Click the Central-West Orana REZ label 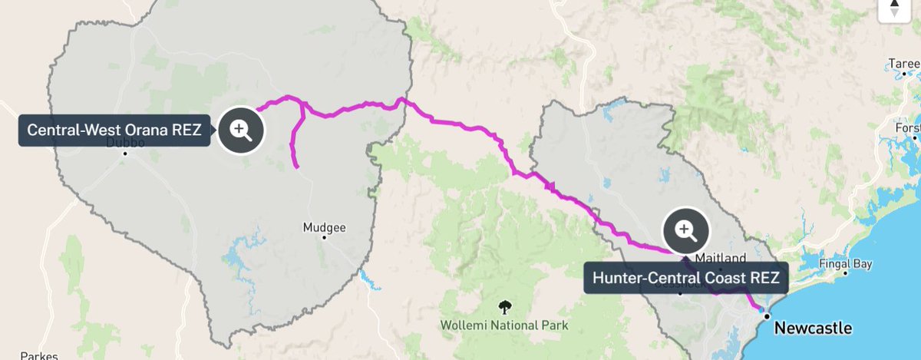point(114,130)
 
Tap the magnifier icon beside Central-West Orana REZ point(241,130)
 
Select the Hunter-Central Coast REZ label point(685,278)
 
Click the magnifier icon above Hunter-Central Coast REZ point(685,230)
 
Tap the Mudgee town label point(325,227)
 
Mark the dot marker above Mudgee point(325,237)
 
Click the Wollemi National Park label point(504,325)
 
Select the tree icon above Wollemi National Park point(504,307)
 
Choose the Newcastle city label point(813,329)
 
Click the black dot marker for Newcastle point(766,316)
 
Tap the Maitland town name point(720,258)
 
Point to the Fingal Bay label point(844,264)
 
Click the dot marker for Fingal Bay point(844,273)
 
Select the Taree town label point(900,63)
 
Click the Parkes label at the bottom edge point(35,355)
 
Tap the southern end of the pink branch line point(296,167)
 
